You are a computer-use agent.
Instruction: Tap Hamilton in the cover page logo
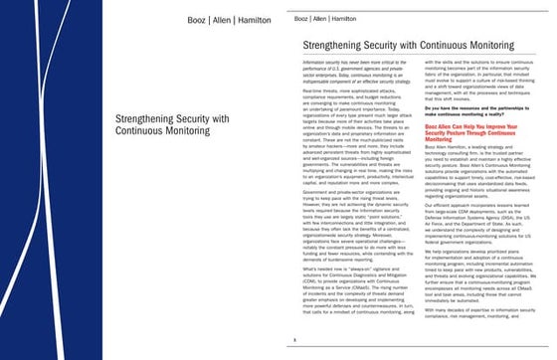coord(246,20)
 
